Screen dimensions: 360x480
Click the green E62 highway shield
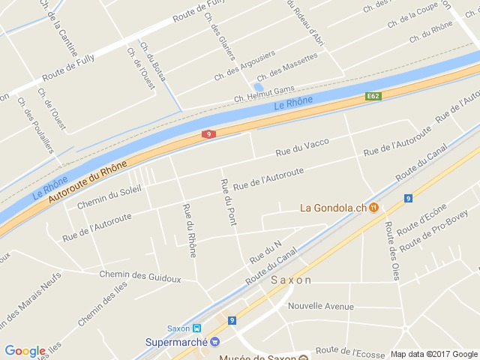[x=373, y=96]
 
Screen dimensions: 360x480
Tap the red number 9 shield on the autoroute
[x=209, y=134]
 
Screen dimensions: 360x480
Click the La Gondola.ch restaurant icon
[x=373, y=208]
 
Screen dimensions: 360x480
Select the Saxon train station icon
[x=196, y=328]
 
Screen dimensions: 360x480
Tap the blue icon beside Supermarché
[x=214, y=342]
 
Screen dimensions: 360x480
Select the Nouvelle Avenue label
[x=320, y=306]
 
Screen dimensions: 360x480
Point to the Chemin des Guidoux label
[x=140, y=277]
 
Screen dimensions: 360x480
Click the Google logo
[x=25, y=351]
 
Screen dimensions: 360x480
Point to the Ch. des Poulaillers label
[x=36, y=126]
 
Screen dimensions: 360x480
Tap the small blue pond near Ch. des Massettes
[x=259, y=87]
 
